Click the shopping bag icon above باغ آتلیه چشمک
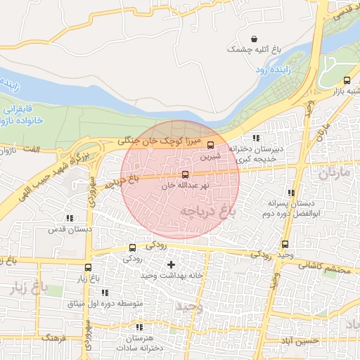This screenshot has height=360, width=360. tap(254, 39)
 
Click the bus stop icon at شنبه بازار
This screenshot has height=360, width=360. tap(347, 80)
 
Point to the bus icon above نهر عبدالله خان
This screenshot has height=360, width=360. tap(185, 174)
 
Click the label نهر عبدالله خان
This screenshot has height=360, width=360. tap(185, 186)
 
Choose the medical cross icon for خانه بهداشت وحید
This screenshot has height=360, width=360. tap(171, 264)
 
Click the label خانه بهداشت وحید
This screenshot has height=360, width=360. tap(171, 275)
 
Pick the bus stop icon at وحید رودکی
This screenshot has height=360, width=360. tap(285, 245)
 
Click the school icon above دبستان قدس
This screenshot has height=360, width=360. tap(68, 219)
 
